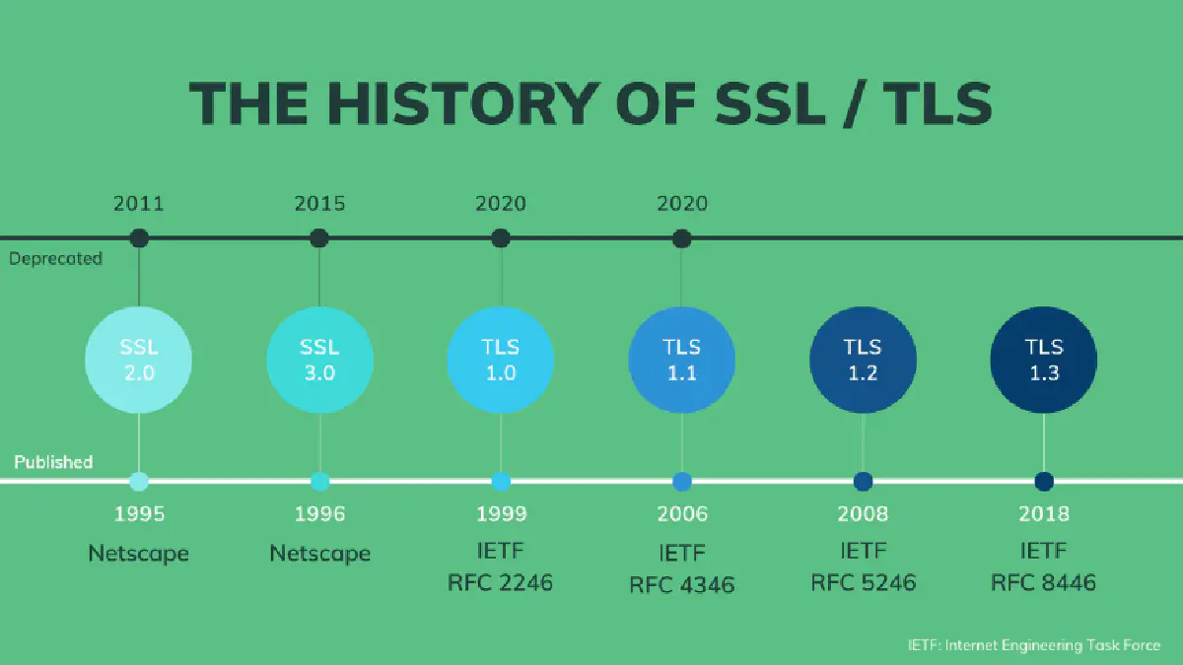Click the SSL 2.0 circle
coord(139,360)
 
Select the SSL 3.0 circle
coord(319,360)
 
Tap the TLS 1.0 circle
coord(501,360)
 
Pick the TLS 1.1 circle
coord(681,360)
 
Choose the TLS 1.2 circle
coord(863,360)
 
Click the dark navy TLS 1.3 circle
coord(1043,360)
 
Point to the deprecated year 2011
coord(139,204)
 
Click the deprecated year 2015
coord(319,204)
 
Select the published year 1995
coord(139,513)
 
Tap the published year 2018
coord(1043,513)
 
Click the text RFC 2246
coord(501,582)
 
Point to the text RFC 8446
coord(1043,582)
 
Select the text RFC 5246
coord(863,582)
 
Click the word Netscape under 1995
coord(139,553)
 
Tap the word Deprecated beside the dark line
coord(55,258)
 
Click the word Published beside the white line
coord(53,462)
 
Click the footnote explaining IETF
coord(1034,645)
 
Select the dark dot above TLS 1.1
coord(681,238)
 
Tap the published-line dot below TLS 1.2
coord(863,482)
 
